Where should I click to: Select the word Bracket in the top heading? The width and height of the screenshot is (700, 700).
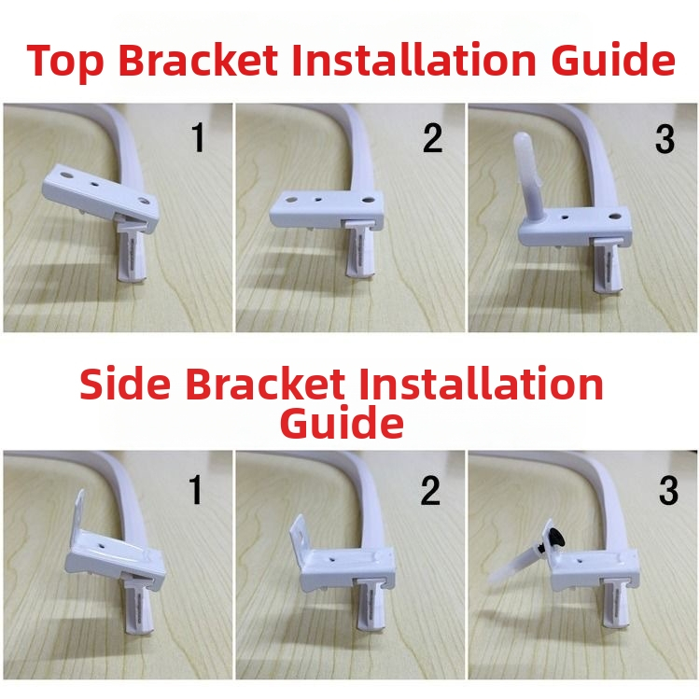(198, 60)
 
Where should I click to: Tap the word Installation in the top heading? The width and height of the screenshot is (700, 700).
(413, 60)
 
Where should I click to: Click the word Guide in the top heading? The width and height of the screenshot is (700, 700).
(613, 60)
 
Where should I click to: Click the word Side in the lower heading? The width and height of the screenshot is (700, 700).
(125, 384)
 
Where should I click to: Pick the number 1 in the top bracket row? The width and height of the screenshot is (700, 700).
(198, 137)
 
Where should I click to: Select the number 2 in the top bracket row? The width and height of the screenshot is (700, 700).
(432, 138)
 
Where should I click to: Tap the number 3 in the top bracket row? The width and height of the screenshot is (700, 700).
(665, 139)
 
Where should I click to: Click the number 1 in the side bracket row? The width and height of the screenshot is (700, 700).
(196, 490)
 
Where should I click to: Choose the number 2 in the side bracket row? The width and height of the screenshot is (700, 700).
(430, 491)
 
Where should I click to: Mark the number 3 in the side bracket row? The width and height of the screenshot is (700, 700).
(668, 491)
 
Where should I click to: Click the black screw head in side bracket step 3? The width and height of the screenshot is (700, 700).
(556, 538)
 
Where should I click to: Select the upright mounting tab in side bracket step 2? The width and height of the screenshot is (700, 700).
(298, 534)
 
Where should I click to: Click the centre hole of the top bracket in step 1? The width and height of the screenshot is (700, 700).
(95, 184)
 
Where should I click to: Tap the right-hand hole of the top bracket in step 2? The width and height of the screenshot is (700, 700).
(368, 200)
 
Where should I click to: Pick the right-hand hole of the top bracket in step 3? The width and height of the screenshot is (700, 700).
(615, 217)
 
